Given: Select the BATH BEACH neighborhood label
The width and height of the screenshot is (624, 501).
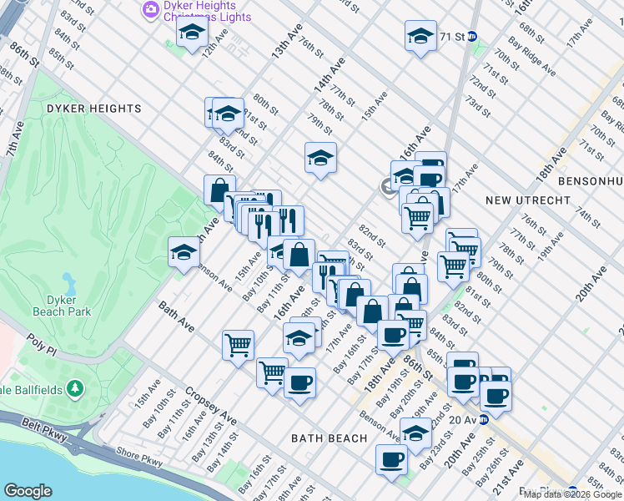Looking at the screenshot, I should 329,438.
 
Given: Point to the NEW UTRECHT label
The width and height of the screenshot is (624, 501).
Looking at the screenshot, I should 527,200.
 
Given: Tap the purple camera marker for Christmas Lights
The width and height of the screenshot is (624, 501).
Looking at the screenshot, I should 151,9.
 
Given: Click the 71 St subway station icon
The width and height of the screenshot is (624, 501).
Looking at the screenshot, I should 471,37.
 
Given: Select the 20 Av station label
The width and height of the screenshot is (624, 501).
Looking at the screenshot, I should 461,420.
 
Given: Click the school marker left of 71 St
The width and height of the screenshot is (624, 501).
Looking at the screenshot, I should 420,36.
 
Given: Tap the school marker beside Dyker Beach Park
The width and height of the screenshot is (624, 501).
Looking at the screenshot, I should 184,252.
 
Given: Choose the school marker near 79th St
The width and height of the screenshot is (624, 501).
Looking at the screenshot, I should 320,158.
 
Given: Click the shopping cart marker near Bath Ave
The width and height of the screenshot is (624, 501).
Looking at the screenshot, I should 238,343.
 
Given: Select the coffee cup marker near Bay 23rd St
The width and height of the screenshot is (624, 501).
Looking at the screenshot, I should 390,458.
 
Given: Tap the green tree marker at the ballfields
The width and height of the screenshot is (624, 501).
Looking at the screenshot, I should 75,388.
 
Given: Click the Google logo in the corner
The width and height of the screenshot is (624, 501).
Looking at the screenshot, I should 28,491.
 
